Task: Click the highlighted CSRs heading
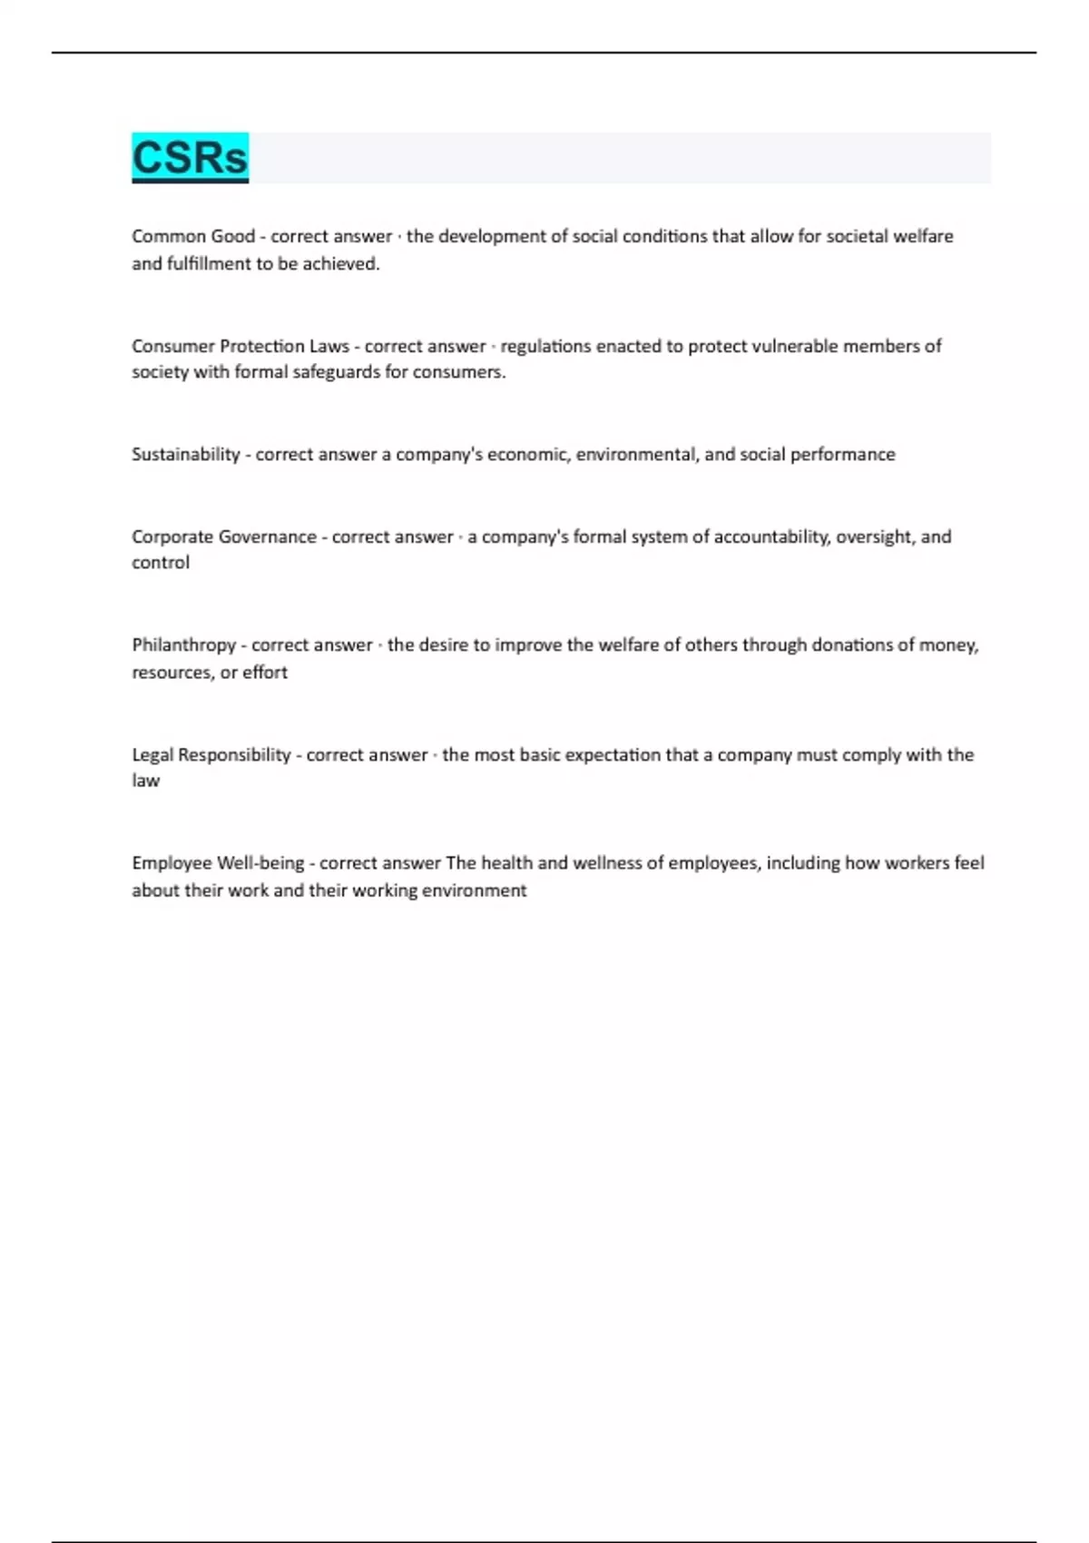(190, 157)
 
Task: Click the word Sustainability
(185, 455)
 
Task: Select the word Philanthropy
(183, 645)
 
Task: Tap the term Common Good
(192, 237)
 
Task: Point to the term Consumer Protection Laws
(240, 347)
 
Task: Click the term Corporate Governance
(223, 537)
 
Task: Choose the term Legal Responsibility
(211, 755)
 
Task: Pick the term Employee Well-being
(217, 863)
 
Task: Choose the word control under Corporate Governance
(161, 563)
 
